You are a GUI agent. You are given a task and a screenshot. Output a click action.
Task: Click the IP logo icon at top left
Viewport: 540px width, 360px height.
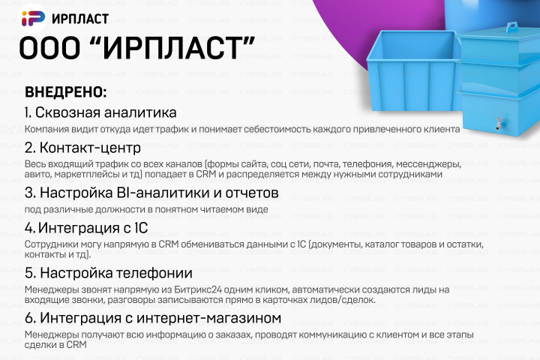point(33,18)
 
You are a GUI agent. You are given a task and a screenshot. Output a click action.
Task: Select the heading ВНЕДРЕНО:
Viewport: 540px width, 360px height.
point(66,92)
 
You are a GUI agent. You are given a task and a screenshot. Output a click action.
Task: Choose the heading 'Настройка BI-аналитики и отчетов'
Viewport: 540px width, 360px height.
point(151,193)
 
